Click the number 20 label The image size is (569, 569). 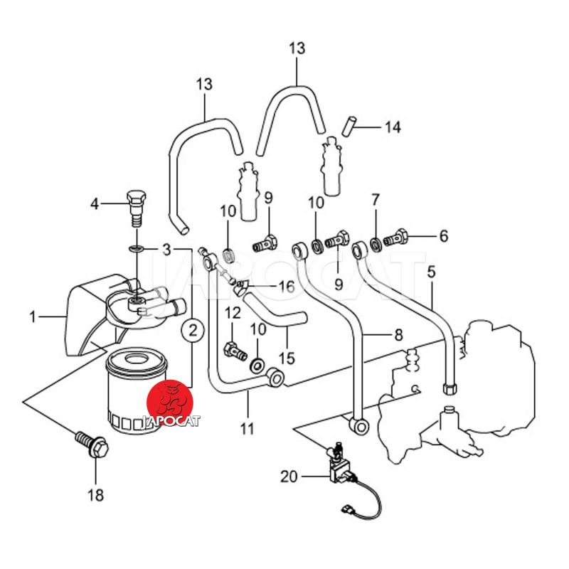click(289, 477)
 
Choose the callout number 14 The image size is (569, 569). click(393, 127)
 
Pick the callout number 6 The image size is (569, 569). click(443, 235)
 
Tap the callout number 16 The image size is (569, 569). click(285, 287)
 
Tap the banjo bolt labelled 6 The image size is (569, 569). click(396, 236)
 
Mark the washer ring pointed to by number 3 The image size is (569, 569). click(136, 248)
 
